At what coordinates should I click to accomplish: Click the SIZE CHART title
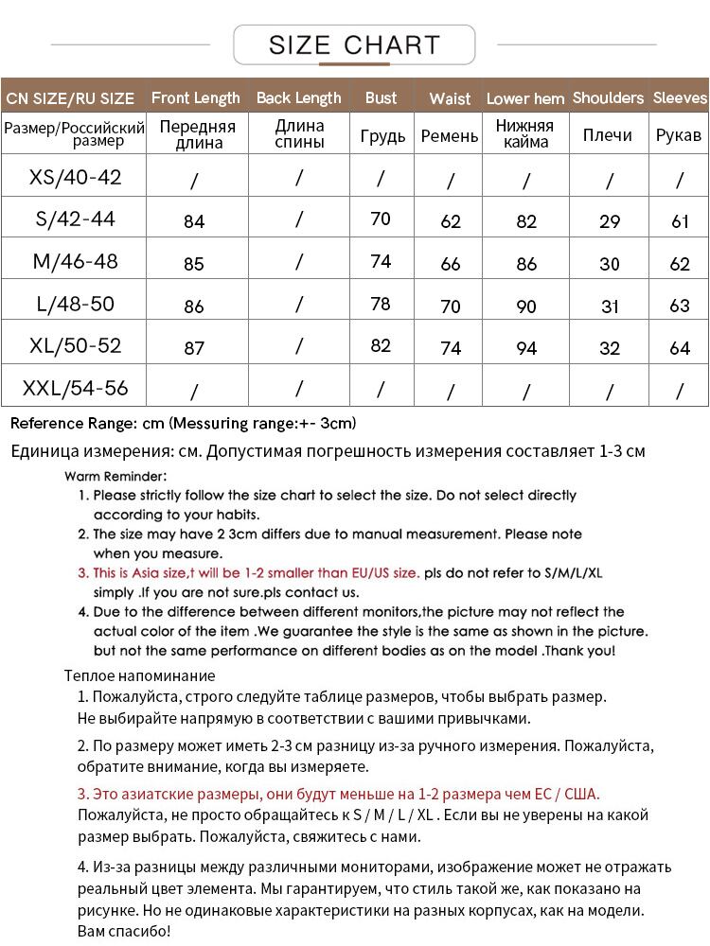pos(354,44)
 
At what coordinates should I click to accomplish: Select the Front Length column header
pos(196,97)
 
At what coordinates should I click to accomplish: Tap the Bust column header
pos(381,97)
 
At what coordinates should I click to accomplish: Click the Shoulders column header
pos(608,97)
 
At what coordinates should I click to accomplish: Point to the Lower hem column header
pos(525,98)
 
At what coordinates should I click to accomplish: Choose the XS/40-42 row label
pos(76,177)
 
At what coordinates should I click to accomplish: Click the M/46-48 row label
pos(76,261)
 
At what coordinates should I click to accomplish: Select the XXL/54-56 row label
pos(76,388)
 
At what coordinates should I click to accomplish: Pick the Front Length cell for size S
pos(194,222)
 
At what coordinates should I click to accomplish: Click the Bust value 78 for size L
pos(381,304)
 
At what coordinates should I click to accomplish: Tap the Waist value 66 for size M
pos(451,265)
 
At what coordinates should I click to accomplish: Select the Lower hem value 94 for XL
pos(526,348)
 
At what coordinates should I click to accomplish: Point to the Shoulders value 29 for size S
pos(610,222)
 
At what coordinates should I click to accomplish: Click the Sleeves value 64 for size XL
pos(680,348)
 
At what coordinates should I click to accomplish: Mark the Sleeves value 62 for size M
pos(680,265)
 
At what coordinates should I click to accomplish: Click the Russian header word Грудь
pos(382,136)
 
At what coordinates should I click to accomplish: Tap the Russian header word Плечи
pos(608,136)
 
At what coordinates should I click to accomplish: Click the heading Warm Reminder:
pos(115,476)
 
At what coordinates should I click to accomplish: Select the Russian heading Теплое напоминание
pos(140,675)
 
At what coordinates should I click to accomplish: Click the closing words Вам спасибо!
pos(124,932)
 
